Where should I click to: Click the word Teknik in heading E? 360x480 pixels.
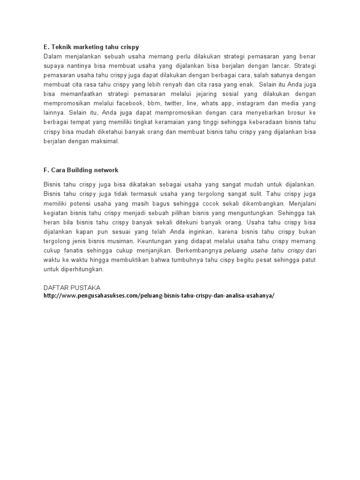click(59, 47)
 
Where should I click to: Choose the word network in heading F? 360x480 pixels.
click(106, 170)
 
